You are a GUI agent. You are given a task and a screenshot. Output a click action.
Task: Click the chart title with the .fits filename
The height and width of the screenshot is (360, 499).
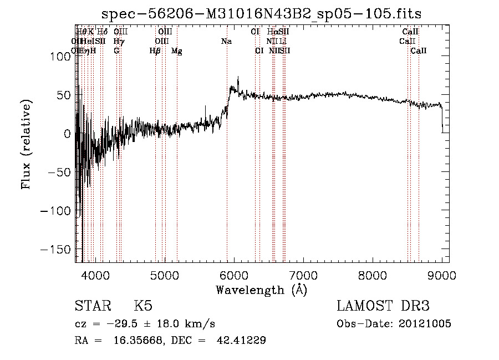point(262,14)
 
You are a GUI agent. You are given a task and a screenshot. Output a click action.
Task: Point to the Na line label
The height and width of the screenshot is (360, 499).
point(226,42)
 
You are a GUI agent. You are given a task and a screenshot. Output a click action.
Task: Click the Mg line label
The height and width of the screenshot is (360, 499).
point(176,51)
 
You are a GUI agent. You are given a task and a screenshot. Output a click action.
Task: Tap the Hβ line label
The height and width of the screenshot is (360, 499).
point(155,51)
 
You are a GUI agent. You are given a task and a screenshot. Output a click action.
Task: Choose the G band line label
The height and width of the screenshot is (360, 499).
point(116,51)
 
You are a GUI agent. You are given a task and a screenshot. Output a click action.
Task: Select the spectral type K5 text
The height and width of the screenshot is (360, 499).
point(143,306)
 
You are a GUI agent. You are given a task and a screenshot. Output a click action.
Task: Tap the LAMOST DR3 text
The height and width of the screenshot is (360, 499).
point(383,306)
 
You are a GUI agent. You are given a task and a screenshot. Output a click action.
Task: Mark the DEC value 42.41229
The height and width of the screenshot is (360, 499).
point(241,341)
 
